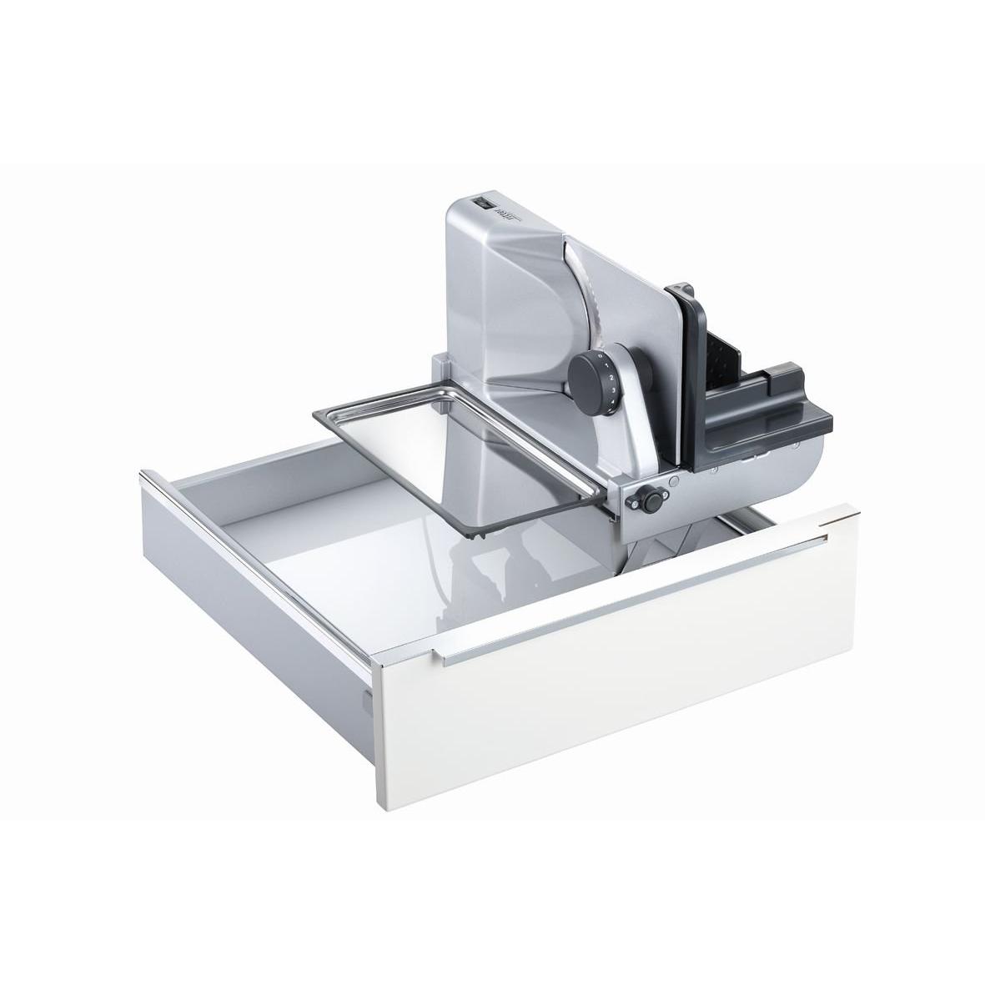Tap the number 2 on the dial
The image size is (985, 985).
pos(612,380)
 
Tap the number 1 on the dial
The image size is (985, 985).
pos(611,369)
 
